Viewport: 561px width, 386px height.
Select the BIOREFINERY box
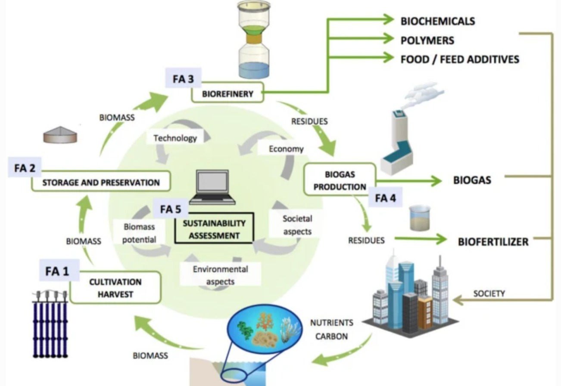pos(228,93)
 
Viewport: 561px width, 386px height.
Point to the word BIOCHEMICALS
pos(438,21)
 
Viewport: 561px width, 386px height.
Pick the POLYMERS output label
pos(427,40)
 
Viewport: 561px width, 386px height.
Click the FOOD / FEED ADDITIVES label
pos(460,59)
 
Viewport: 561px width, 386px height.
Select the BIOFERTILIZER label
pos(493,242)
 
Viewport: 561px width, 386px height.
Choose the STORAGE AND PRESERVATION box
pos(101,182)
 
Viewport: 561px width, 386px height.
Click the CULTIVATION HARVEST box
pos(115,288)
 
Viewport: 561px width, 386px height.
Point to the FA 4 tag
pos(386,198)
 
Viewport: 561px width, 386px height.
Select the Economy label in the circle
pos(286,149)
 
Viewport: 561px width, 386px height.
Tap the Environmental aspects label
pos(220,275)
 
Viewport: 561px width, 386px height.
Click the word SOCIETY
pos(489,294)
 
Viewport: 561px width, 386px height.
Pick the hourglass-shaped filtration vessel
pos(254,40)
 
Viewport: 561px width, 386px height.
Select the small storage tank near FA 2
pos(60,135)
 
